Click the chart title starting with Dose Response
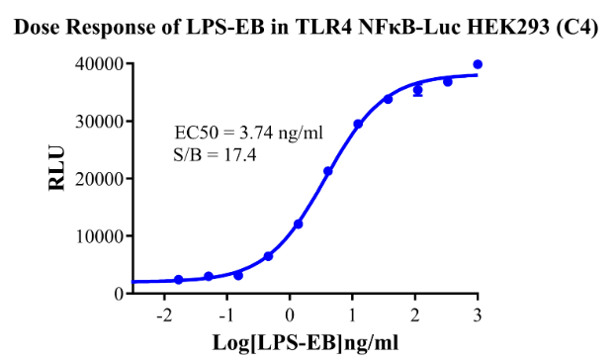coord(306,28)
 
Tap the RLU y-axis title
coord(57,168)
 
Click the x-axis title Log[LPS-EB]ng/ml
coord(306,342)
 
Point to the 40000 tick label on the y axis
coord(99,64)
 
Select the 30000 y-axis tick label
coord(99,122)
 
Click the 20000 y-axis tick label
coord(99,179)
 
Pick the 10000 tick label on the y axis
coord(99,236)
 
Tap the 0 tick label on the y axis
coord(119,294)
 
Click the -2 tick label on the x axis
coord(164,315)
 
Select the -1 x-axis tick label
coord(227,315)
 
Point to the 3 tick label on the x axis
coord(478,315)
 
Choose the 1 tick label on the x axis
coord(352,315)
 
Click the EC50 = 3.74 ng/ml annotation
coord(248,133)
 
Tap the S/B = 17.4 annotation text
coord(215,155)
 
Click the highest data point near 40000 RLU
coord(478,64)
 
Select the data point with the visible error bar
coord(418,91)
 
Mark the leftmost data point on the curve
coord(178,280)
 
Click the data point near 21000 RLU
coord(328,171)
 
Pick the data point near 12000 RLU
coord(298,224)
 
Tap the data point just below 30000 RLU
coord(358,124)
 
